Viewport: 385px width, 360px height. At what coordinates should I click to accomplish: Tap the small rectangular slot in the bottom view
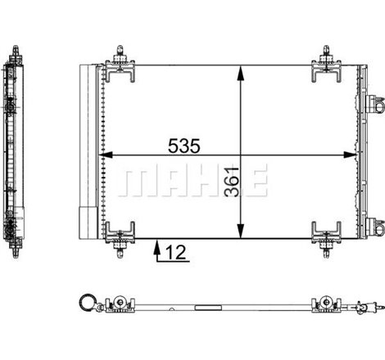coord(209,309)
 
